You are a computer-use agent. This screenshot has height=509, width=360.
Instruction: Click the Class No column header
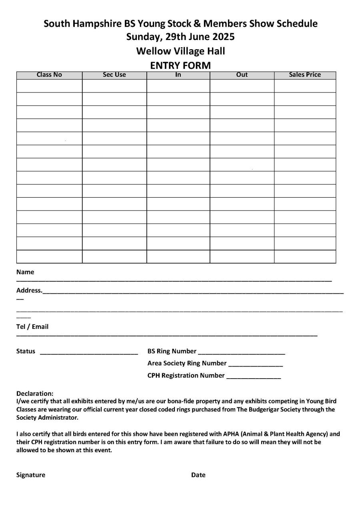[x=49, y=75]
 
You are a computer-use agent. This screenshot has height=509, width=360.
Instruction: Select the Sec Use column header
[x=114, y=75]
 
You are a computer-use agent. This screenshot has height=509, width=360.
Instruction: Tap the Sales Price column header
[x=305, y=75]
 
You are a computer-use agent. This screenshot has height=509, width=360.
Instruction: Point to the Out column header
[x=242, y=75]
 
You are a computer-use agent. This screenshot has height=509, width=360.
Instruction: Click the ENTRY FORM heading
[x=180, y=65]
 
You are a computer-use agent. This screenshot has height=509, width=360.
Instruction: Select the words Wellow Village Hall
[x=180, y=51]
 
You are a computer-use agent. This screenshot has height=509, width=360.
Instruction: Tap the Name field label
[x=25, y=272]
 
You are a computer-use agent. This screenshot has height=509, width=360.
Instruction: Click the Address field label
[x=29, y=290]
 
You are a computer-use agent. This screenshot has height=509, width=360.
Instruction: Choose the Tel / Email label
[x=32, y=327]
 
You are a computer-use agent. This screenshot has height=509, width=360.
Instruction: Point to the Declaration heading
[x=35, y=394]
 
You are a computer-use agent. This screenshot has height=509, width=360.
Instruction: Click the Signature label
[x=31, y=475]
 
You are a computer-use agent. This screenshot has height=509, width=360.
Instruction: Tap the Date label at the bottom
[x=198, y=475]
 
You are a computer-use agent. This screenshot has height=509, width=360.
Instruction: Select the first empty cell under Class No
[x=49, y=86]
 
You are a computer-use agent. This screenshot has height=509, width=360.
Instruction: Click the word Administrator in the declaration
[x=58, y=418]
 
